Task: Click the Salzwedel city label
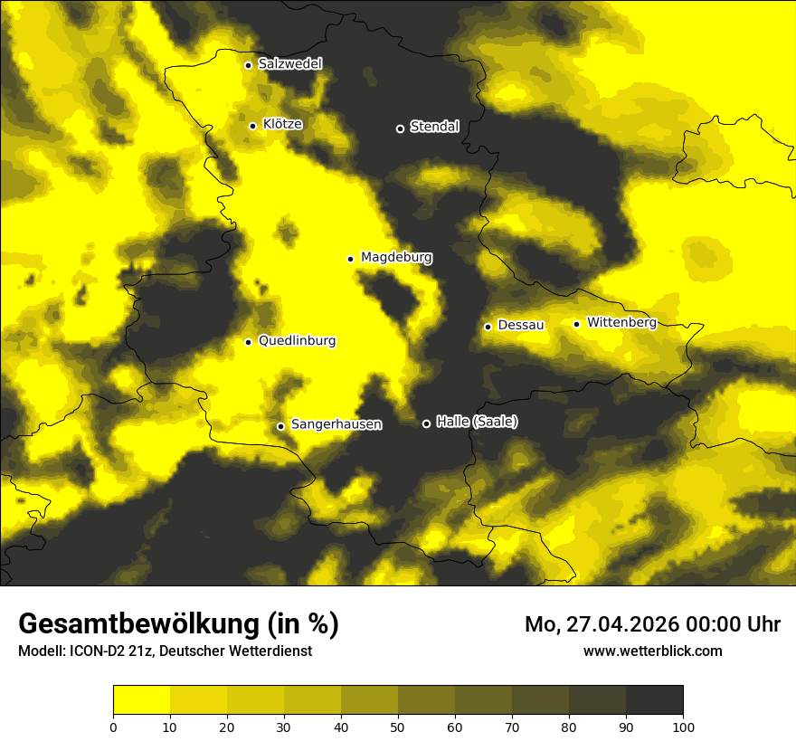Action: (x=289, y=64)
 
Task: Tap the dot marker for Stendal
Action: (x=400, y=128)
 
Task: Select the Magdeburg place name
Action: (x=396, y=258)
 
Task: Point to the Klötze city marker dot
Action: (x=252, y=126)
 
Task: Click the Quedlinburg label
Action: (x=297, y=341)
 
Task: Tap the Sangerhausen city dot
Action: (x=280, y=426)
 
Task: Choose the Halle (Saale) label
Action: (x=477, y=422)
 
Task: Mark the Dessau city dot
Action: (x=488, y=327)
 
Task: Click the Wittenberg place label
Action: (x=621, y=322)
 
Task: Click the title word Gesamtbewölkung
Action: (x=139, y=624)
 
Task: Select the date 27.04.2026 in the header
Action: (x=623, y=625)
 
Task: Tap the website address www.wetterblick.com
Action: (x=653, y=651)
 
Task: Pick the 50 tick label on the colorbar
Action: (x=398, y=727)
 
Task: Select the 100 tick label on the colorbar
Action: (x=683, y=727)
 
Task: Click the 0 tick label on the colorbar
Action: (x=113, y=727)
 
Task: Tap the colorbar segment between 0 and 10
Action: (x=141, y=700)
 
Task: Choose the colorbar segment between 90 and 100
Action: (x=654, y=700)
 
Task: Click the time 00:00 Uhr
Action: (x=731, y=625)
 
